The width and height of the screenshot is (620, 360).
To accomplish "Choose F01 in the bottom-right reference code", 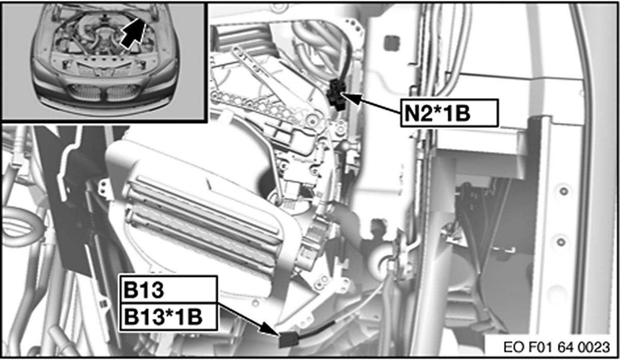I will (535, 346).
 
